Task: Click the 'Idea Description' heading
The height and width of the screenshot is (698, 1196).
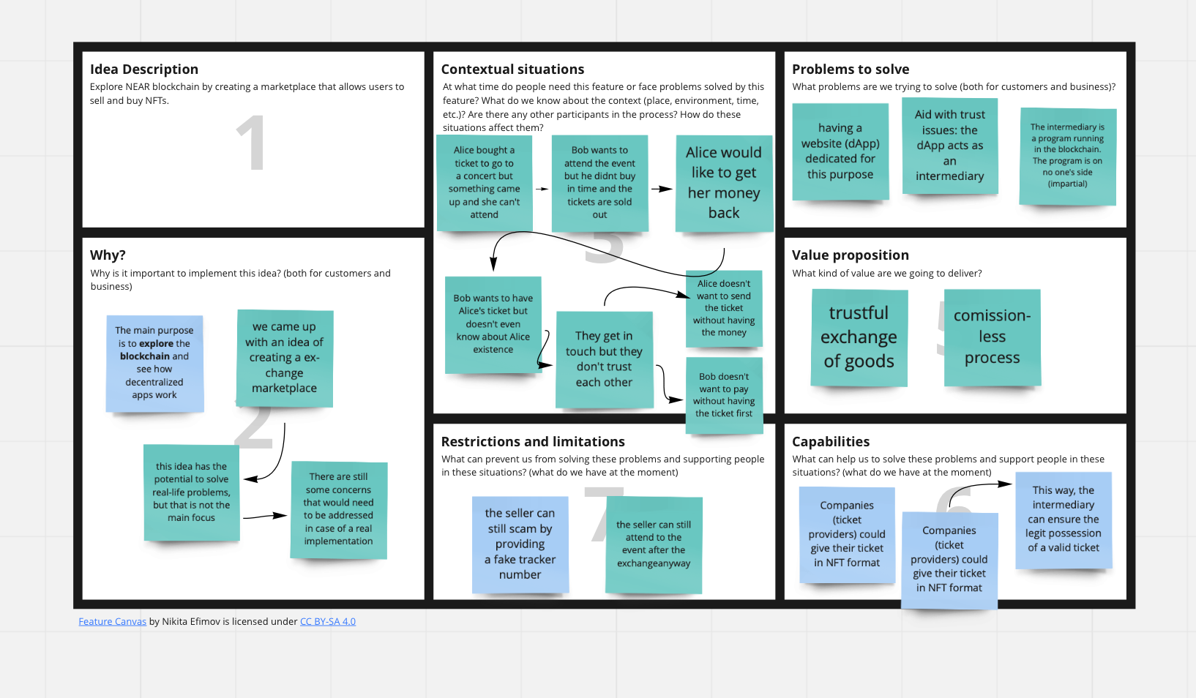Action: (x=144, y=70)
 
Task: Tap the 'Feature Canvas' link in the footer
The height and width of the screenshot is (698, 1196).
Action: (x=112, y=622)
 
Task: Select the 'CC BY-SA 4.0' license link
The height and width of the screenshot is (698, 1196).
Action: (x=327, y=622)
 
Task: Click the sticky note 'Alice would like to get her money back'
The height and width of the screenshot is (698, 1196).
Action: (x=723, y=183)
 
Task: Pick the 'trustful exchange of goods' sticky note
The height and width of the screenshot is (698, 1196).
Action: (x=859, y=337)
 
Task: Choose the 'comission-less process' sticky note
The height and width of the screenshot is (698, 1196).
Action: (x=992, y=337)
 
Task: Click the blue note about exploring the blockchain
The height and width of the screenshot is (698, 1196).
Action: (x=154, y=363)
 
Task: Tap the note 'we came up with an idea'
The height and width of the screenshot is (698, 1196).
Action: (x=284, y=358)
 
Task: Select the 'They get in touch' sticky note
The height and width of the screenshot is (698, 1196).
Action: (x=604, y=359)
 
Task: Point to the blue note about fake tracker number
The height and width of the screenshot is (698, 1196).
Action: (x=520, y=544)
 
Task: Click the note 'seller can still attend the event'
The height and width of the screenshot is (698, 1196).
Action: (x=654, y=544)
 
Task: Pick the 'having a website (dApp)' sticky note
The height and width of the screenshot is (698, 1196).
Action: (x=840, y=151)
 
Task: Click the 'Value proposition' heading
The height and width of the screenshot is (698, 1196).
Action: (x=850, y=255)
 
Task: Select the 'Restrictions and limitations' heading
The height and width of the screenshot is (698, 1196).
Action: (x=533, y=442)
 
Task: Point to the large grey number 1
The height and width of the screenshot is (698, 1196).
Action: (x=250, y=143)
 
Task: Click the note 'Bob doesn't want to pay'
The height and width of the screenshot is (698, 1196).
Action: (x=724, y=395)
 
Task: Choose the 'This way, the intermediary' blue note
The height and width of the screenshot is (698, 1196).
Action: (x=1063, y=519)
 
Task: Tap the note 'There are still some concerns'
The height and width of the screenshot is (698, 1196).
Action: (x=338, y=509)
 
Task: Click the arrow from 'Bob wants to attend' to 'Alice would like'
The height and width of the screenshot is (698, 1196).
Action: (x=662, y=189)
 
